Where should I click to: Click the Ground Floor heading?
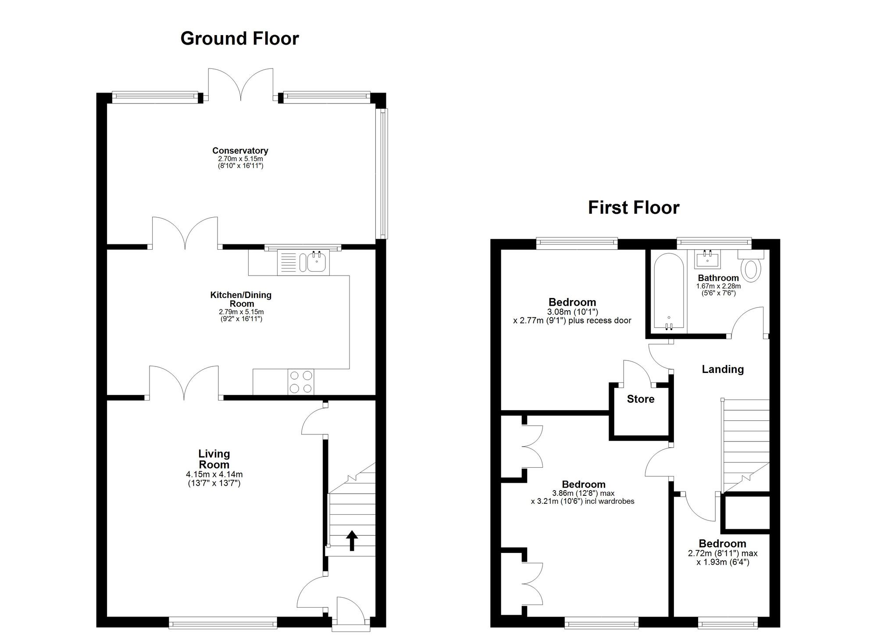pyautogui.click(x=239, y=39)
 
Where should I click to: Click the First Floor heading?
pyautogui.click(x=633, y=208)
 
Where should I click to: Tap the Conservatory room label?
pyautogui.click(x=240, y=151)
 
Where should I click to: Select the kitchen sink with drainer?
pyautogui.click(x=303, y=262)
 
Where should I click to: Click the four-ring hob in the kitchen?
pyautogui.click(x=301, y=382)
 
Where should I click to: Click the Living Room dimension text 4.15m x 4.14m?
pyautogui.click(x=214, y=474)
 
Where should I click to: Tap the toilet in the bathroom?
pyautogui.click(x=752, y=268)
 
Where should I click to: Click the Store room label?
pyautogui.click(x=640, y=399)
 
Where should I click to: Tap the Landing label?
pyautogui.click(x=723, y=369)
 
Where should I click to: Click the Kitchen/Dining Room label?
pyautogui.click(x=241, y=299)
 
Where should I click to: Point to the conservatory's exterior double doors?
pyautogui.click(x=240, y=86)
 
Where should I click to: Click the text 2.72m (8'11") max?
pyautogui.click(x=723, y=554)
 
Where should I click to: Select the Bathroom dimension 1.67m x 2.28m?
pyautogui.click(x=718, y=286)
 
